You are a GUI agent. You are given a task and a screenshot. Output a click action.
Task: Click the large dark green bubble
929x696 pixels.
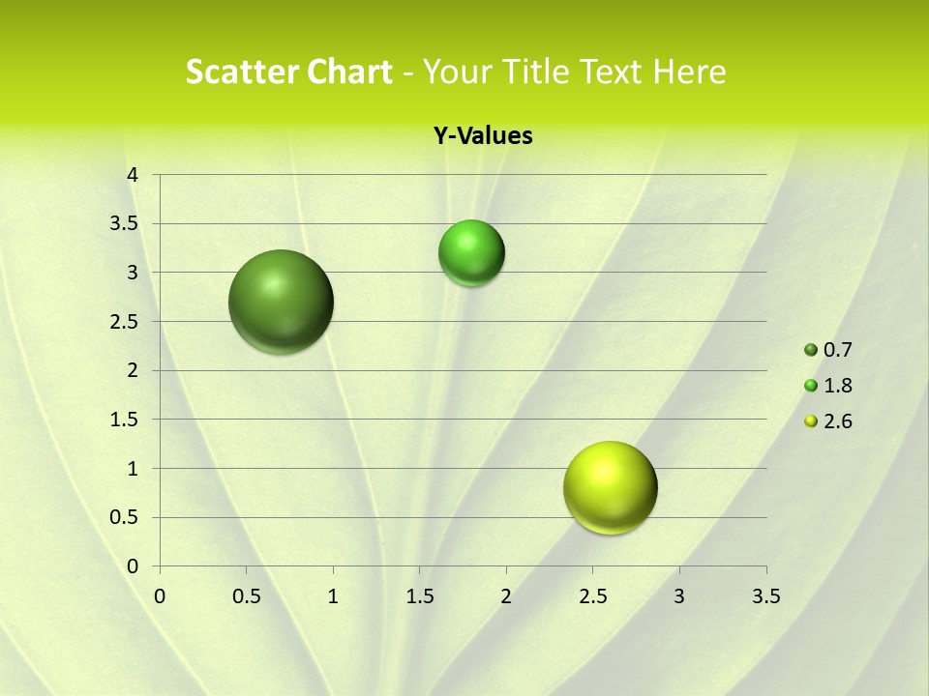pos(282,302)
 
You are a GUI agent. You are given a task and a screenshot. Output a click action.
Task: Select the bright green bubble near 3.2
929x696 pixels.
pos(471,253)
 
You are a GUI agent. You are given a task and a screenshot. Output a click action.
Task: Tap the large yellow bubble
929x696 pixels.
pos(610,487)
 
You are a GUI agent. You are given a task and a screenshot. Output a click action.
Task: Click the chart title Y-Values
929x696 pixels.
pos(482,136)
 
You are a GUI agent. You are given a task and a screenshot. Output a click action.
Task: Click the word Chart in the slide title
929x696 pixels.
pos(350,72)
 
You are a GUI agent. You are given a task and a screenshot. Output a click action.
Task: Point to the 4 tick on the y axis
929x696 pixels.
pos(134,175)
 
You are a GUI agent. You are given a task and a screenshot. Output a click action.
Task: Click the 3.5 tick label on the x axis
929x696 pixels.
pos(765,596)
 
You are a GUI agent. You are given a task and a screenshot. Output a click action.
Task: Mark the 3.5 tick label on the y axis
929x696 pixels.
pos(126,224)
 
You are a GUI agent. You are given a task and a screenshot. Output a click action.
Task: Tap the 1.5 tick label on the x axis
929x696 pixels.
pos(419,596)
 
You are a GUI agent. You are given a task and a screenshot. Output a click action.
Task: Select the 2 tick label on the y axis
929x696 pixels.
pos(134,370)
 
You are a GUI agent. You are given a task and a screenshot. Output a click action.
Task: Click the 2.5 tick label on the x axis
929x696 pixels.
pos(592,596)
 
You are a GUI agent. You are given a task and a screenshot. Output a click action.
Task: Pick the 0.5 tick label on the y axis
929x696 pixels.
pos(126,517)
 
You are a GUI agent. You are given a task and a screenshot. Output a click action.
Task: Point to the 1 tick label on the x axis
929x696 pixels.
pos(333,596)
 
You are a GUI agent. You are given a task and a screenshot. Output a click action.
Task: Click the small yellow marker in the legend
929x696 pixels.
pos(811,421)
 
